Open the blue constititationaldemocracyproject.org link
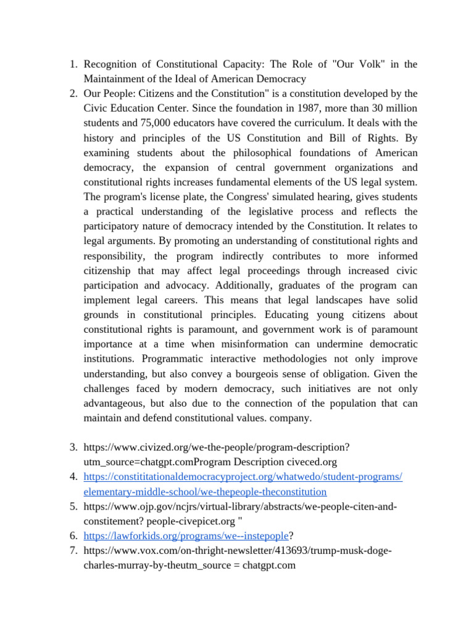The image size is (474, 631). (243, 477)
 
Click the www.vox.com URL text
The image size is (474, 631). (238, 550)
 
